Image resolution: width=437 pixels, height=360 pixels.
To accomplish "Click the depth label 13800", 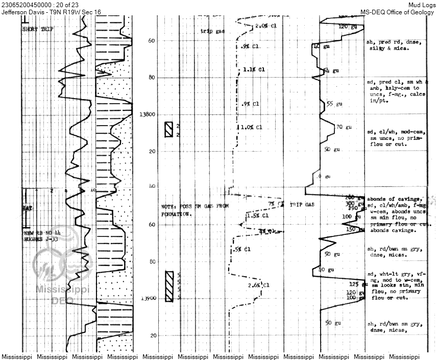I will pyautogui.click(x=147, y=115).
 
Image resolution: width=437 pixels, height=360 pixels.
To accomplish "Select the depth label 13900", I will pyautogui.click(x=147, y=298).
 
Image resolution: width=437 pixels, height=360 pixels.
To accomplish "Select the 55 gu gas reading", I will pyautogui.click(x=333, y=104).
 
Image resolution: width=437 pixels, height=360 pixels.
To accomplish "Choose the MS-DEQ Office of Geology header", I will pyautogui.click(x=398, y=12).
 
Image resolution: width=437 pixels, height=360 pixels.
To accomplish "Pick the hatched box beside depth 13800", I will pyautogui.click(x=168, y=130).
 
